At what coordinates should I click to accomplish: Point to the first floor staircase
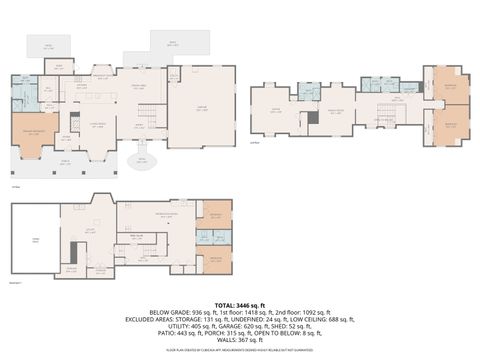click(148, 118)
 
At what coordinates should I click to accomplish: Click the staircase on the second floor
click(386, 110)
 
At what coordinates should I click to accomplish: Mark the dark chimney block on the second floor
click(313, 117)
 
